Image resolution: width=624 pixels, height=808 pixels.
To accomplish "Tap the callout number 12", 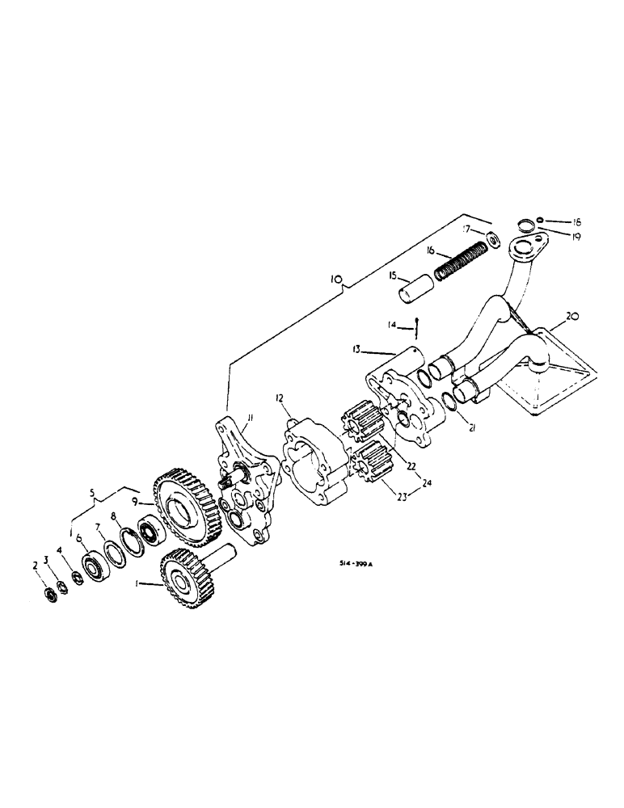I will (278, 398).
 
